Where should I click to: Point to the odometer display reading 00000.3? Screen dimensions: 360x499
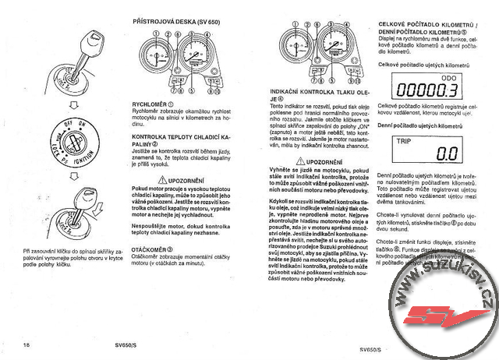tap(427, 90)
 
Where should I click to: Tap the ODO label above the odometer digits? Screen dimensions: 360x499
tap(449, 78)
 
